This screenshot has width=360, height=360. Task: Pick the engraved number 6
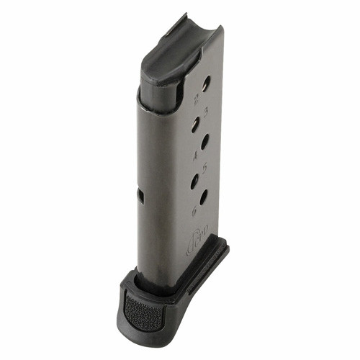pos(193,211)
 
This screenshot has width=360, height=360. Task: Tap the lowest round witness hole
pos(204,197)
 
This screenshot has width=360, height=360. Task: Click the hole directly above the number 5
pos(205,140)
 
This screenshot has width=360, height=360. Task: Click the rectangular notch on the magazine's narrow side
pos(140,196)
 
